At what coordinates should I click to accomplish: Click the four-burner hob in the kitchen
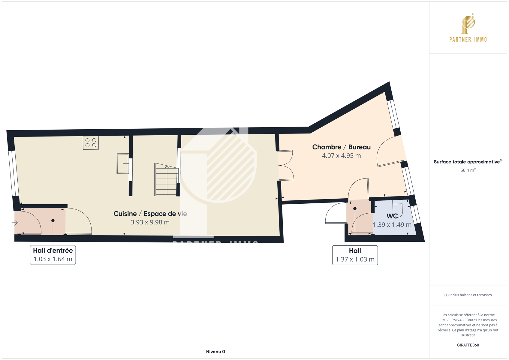[x=91, y=142]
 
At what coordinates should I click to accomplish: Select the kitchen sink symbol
[x=123, y=163]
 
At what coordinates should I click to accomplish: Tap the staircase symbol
[x=166, y=179]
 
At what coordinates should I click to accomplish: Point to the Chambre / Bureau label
[x=341, y=147]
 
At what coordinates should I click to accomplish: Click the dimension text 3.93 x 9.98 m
[x=150, y=222]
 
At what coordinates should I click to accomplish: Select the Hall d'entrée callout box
[x=53, y=255]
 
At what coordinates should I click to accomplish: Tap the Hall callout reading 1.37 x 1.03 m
[x=355, y=255]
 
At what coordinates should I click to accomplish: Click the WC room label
[x=392, y=216]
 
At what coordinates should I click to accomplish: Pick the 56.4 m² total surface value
[x=468, y=170]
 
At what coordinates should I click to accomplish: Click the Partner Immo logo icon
[x=468, y=24]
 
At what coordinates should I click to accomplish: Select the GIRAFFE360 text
[x=468, y=345]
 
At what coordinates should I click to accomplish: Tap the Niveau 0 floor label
[x=215, y=352]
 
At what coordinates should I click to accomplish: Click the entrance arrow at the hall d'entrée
[x=15, y=223]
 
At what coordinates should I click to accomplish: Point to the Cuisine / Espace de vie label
[x=150, y=214]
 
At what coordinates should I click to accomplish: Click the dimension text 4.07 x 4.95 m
[x=341, y=156]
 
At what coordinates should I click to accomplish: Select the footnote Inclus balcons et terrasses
[x=468, y=295]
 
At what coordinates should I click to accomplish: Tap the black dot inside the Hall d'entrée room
[x=53, y=220]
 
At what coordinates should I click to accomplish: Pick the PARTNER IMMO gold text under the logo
[x=468, y=40]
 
